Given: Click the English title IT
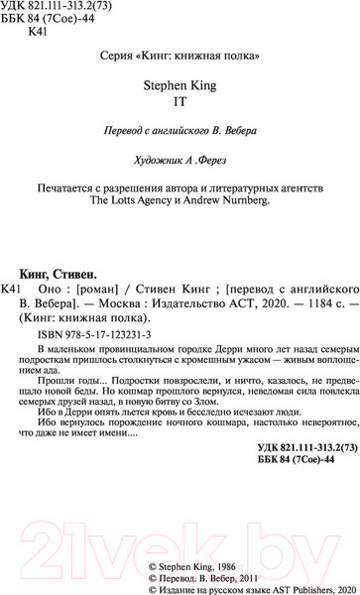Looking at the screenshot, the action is pos(180,100).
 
